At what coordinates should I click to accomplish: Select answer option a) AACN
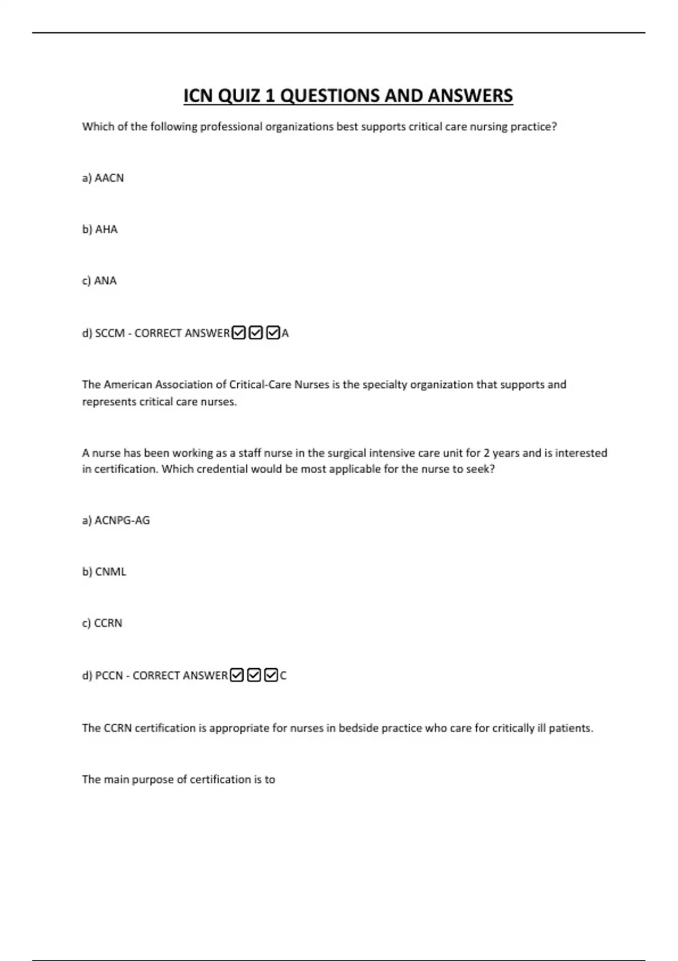click(103, 178)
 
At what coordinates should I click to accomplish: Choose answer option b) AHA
click(100, 230)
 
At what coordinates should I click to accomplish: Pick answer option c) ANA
click(99, 281)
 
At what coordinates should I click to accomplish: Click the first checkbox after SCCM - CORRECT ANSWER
click(239, 333)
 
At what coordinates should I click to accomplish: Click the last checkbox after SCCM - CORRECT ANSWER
click(273, 333)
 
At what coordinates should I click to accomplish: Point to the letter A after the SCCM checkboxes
click(285, 334)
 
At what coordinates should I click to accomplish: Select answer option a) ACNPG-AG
click(116, 521)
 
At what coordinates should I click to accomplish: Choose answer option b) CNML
click(104, 572)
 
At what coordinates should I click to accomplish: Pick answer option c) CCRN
click(102, 624)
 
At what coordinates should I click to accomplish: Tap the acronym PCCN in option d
click(109, 676)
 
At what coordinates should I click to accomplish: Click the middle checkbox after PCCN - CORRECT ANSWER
click(254, 676)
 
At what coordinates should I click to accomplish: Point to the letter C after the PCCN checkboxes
click(284, 676)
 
